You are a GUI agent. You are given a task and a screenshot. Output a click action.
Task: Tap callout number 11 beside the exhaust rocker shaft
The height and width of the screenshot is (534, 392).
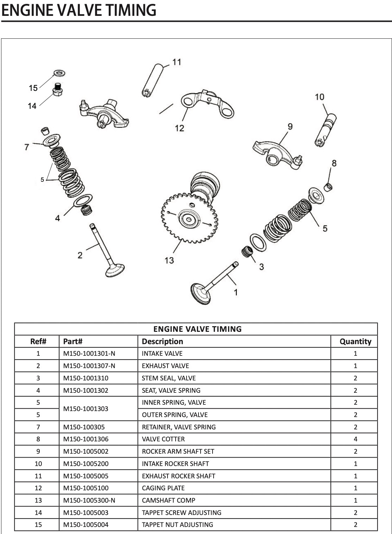click(177, 62)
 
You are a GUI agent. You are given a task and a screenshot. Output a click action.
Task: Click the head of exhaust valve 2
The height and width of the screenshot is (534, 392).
click(115, 270)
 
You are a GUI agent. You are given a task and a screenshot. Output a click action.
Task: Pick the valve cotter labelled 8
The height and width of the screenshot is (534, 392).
click(328, 187)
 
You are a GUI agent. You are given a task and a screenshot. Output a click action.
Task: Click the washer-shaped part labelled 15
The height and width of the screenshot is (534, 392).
click(59, 74)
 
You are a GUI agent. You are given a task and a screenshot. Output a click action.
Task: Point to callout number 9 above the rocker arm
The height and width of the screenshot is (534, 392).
click(290, 126)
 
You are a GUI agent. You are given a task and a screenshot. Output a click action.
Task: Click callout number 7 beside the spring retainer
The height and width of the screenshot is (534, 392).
click(27, 147)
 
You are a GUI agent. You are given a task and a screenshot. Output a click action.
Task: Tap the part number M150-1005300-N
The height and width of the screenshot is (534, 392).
click(89, 500)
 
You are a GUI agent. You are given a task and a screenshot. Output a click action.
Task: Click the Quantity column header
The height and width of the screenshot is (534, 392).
click(355, 341)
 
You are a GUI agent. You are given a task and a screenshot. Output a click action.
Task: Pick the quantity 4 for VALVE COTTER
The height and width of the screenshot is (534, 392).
click(355, 439)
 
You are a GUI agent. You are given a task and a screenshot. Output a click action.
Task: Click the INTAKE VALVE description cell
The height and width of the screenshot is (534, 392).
click(162, 353)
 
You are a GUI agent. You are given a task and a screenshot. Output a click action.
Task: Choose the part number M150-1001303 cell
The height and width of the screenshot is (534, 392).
click(86, 409)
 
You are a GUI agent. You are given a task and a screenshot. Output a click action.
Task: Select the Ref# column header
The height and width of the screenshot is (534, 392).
click(38, 341)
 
